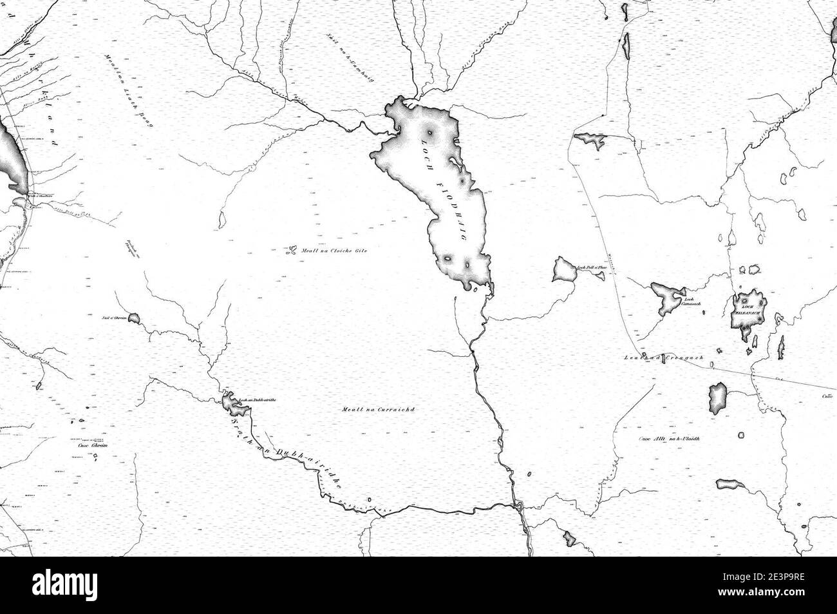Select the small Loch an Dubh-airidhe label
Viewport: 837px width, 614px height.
tap(258, 400)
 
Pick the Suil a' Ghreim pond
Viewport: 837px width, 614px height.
tap(134, 318)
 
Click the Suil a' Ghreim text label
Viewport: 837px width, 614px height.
tap(113, 318)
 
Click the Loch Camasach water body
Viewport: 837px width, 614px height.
tap(664, 295)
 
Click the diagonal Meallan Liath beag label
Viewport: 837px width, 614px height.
tap(126, 90)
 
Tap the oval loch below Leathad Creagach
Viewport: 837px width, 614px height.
tap(717, 398)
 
